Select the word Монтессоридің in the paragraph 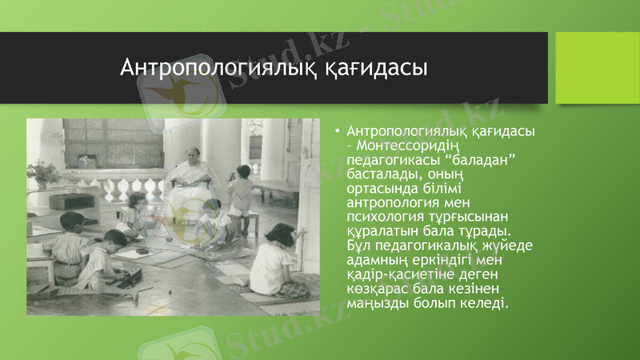click(424, 145)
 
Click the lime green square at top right click(597, 68)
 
